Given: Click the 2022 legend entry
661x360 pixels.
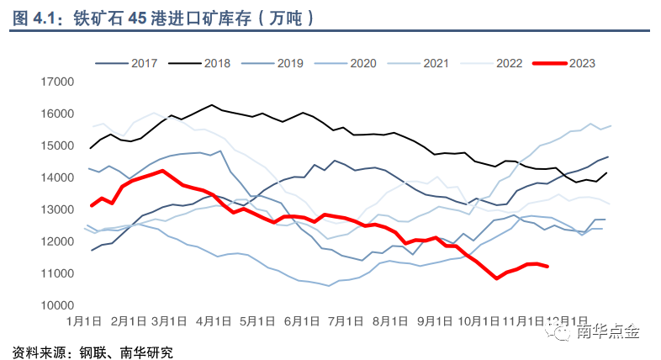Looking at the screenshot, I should tap(489, 63).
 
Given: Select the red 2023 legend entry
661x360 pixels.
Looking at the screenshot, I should tap(565, 63).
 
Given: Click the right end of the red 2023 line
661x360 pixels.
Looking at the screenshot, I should tap(548, 267).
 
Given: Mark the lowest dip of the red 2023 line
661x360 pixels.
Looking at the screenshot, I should tap(497, 278).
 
